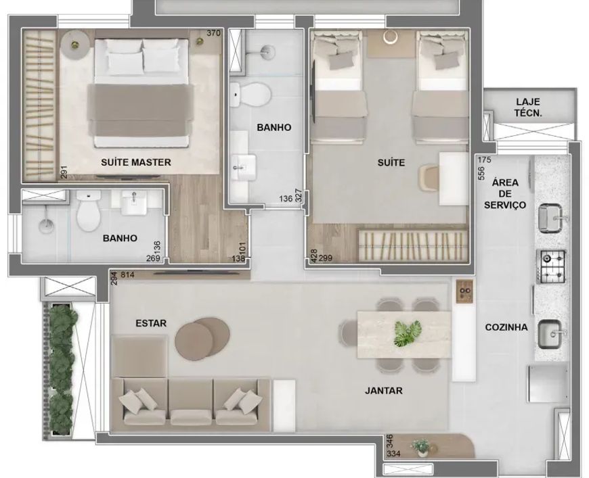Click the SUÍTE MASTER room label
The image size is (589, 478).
point(136,162)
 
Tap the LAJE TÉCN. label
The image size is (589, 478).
point(528,107)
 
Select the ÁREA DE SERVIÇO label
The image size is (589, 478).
point(505,193)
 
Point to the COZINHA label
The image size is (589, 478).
point(506,327)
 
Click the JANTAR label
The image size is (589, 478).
point(383,391)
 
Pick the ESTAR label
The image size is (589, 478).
point(151,323)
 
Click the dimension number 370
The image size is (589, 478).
point(213,33)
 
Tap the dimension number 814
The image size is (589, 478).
point(128,274)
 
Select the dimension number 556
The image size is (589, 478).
point(481,173)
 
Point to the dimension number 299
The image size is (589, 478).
point(325,258)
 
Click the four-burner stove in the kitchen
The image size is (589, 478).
point(550,267)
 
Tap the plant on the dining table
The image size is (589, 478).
point(408,333)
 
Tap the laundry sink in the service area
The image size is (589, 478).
point(550,218)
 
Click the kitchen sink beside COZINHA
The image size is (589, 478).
point(550,334)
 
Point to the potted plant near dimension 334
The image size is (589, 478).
point(420,447)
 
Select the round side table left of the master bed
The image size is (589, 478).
point(76,44)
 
